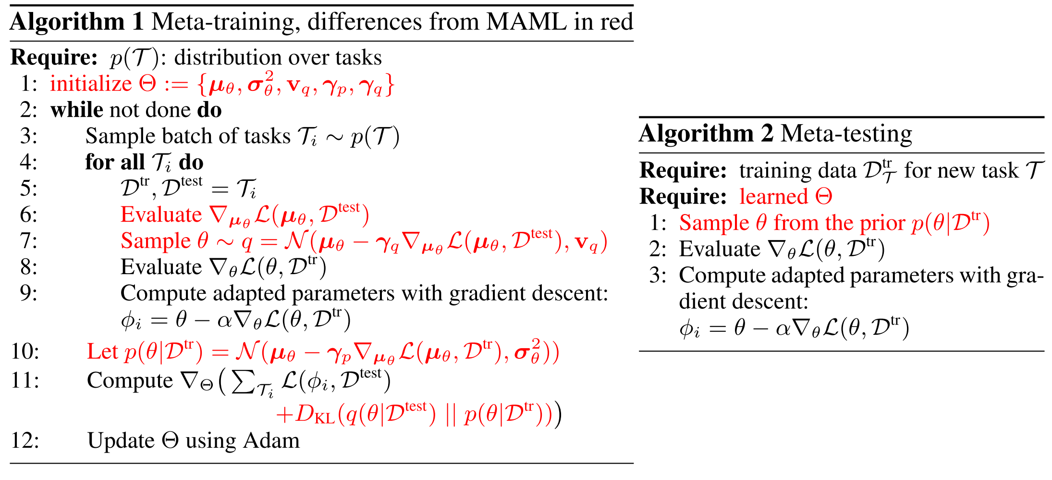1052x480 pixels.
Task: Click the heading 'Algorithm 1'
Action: (77, 22)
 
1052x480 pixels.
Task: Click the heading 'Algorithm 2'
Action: (706, 134)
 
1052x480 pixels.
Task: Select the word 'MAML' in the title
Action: (526, 22)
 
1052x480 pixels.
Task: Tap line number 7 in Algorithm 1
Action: (28, 241)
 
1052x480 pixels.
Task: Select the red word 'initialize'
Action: (91, 84)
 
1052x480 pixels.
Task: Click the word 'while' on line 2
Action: (76, 110)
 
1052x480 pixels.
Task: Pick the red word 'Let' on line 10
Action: (102, 352)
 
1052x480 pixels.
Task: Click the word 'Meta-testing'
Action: (846, 134)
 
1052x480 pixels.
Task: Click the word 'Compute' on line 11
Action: (130, 380)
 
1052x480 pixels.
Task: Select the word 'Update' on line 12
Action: (120, 441)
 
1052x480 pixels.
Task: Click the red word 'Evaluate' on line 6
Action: (161, 215)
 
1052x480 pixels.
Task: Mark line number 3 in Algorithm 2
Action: (657, 276)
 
